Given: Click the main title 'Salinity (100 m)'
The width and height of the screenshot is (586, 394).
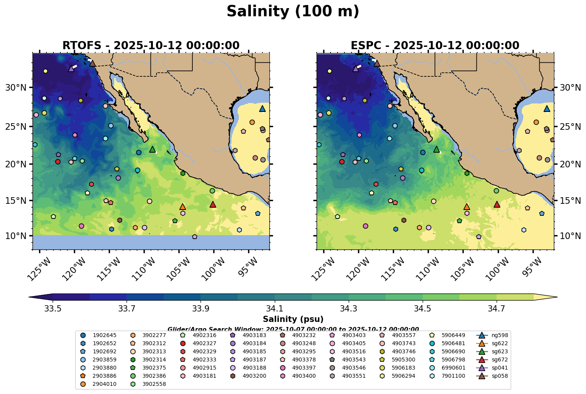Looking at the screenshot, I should point(293,12).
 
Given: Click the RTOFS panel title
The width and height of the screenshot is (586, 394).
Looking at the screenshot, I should point(151,46).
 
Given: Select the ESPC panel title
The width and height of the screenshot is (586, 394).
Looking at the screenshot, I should point(435,46).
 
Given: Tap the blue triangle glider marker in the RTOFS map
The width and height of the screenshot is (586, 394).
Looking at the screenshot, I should point(262,109).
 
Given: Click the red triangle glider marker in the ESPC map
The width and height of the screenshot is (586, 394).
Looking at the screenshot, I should point(497,204).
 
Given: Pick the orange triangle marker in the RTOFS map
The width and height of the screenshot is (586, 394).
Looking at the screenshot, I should point(183,207).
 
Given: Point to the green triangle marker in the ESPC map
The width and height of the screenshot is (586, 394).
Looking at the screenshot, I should point(437,149).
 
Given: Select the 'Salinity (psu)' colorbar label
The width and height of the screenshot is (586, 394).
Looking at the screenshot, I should point(293,319).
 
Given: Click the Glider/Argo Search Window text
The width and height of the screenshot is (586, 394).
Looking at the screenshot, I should point(293,329).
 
